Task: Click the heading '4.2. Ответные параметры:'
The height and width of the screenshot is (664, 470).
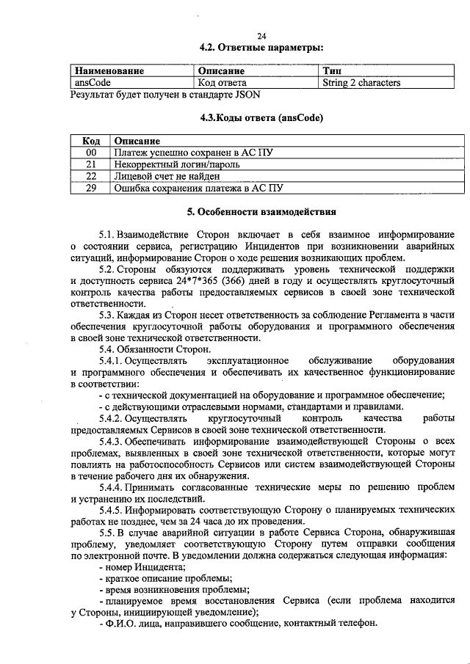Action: click(x=261, y=48)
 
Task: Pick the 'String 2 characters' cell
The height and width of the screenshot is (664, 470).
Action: click(x=361, y=83)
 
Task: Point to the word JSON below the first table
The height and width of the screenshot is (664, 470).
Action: click(x=245, y=95)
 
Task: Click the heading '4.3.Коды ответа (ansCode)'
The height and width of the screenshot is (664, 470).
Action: click(x=261, y=117)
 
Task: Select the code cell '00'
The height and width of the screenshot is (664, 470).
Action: click(x=91, y=153)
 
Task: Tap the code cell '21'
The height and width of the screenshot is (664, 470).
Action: click(x=91, y=164)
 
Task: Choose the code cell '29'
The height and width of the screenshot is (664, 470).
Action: click(x=91, y=188)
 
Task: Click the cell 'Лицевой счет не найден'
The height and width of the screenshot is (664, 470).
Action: click(x=167, y=176)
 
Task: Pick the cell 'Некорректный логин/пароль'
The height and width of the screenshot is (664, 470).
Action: click(x=176, y=164)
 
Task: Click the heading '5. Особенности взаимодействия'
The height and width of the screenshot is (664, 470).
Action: click(x=261, y=213)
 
